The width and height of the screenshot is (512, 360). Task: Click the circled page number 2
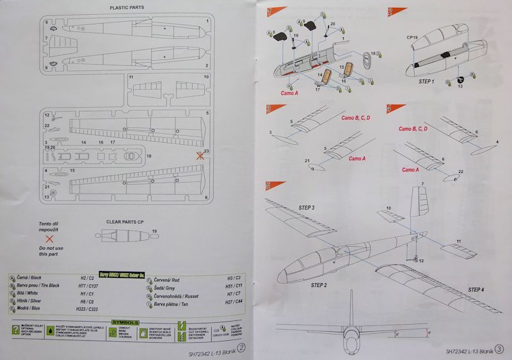(242, 348)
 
